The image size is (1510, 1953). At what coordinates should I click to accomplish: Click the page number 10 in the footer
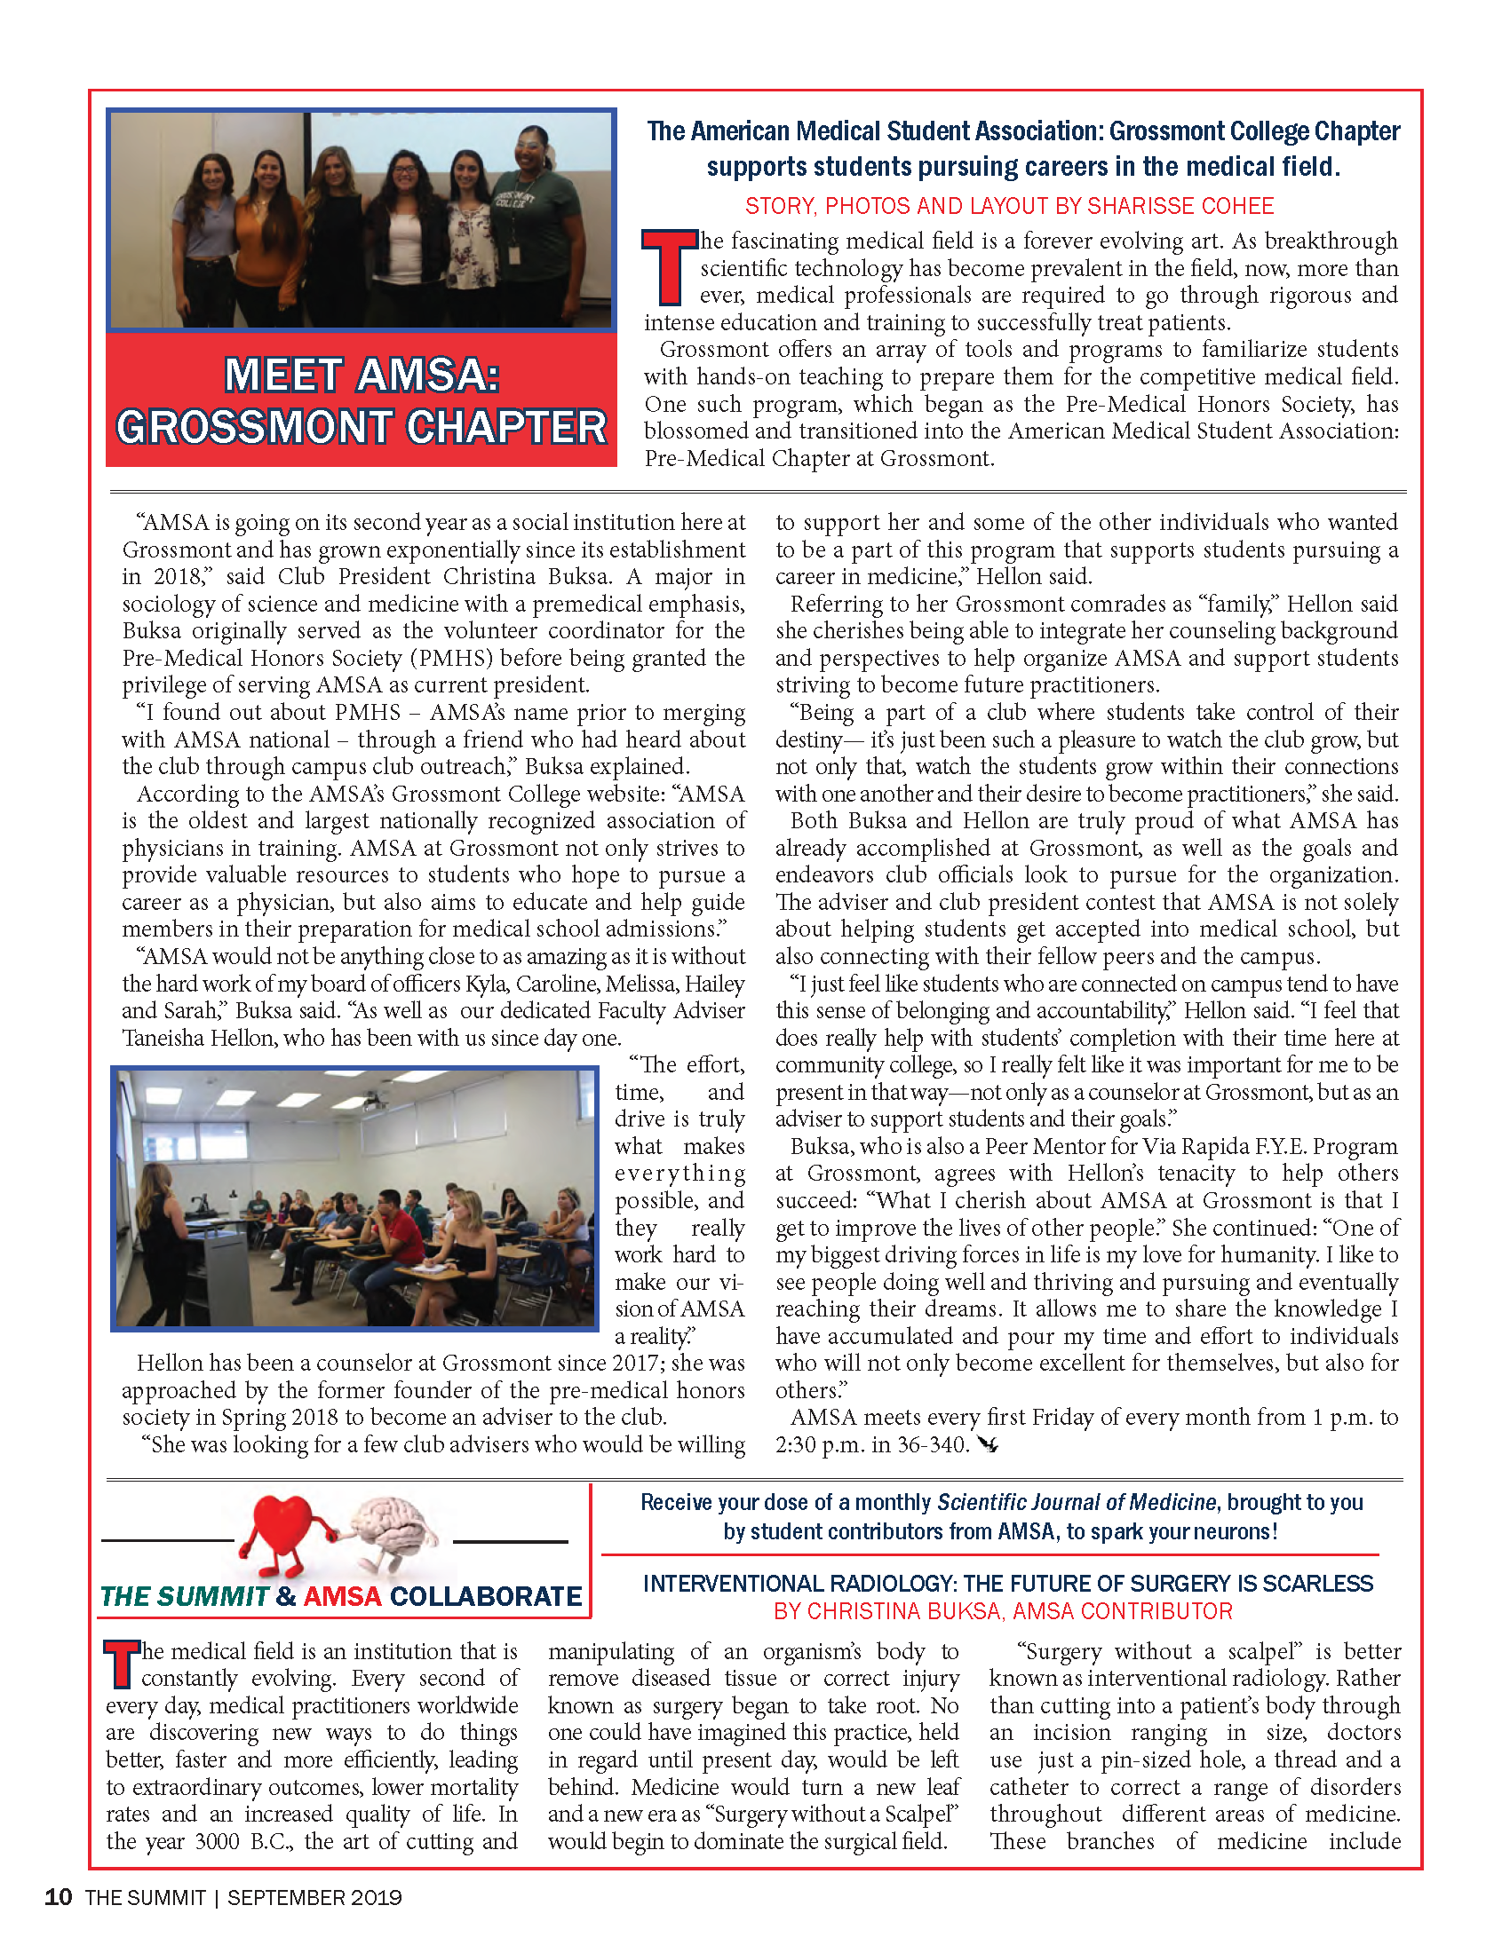pyautogui.click(x=58, y=1897)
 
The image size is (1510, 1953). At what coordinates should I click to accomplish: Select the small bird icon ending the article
pyautogui.click(x=988, y=1443)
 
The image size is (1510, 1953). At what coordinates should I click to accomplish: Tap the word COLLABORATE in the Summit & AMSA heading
pyautogui.click(x=486, y=1596)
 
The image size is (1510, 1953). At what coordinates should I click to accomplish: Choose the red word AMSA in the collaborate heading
pyautogui.click(x=343, y=1596)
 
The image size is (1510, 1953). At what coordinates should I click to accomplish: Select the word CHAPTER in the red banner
pyautogui.click(x=507, y=428)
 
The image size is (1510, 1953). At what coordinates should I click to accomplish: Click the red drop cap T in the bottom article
pyautogui.click(x=123, y=1664)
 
